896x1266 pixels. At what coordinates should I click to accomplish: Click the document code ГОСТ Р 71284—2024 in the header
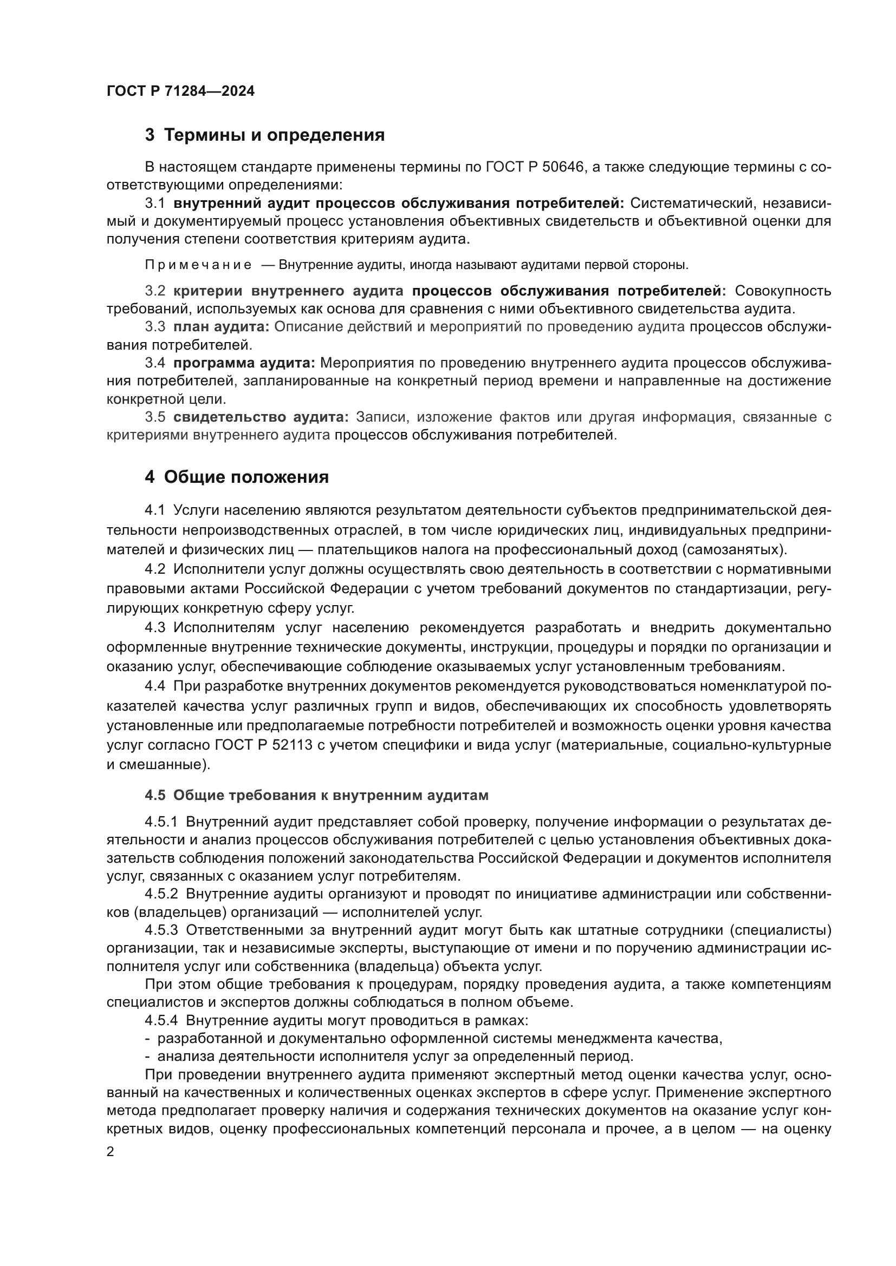point(180,91)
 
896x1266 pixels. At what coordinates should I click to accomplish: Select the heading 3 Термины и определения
point(265,135)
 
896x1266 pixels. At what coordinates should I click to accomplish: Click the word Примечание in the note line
point(198,265)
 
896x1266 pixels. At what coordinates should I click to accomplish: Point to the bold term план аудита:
point(221,327)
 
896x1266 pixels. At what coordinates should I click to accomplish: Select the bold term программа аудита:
point(244,363)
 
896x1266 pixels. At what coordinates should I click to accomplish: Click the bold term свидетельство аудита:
point(261,417)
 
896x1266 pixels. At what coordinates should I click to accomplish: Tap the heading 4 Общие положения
point(237,477)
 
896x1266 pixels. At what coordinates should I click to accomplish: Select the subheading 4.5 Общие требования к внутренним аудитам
point(317,795)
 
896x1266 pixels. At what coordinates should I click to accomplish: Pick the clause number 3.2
point(155,291)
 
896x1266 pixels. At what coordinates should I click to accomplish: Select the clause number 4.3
point(155,628)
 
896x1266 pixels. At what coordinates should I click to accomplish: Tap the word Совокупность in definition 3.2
point(783,291)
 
